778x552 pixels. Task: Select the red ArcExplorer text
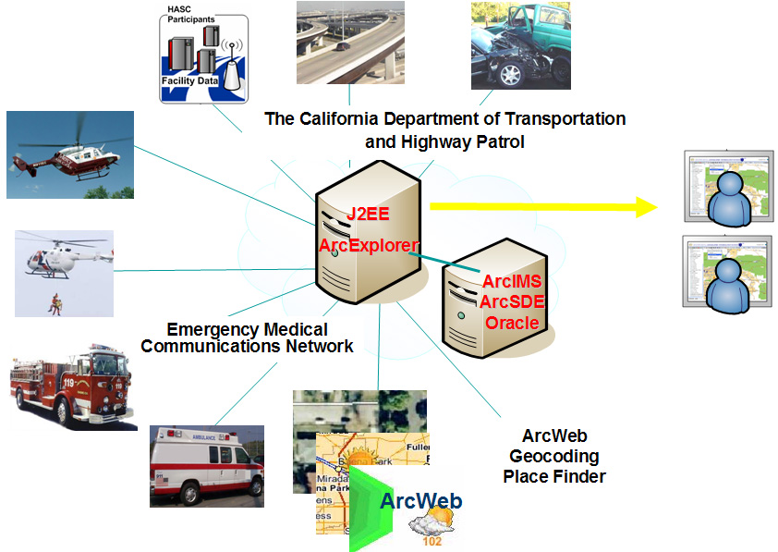[x=368, y=246]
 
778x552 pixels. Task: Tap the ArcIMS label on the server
[x=511, y=280]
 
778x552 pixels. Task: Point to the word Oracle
[x=511, y=323]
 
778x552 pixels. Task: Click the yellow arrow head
[x=643, y=207]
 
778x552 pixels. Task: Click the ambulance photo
[x=206, y=465]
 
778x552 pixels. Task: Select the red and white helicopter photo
[x=69, y=154]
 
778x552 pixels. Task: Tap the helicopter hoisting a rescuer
[x=64, y=273]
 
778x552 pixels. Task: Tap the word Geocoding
[x=554, y=457]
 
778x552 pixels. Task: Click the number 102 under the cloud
[x=432, y=541]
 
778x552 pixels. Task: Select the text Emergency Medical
[x=247, y=330]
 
